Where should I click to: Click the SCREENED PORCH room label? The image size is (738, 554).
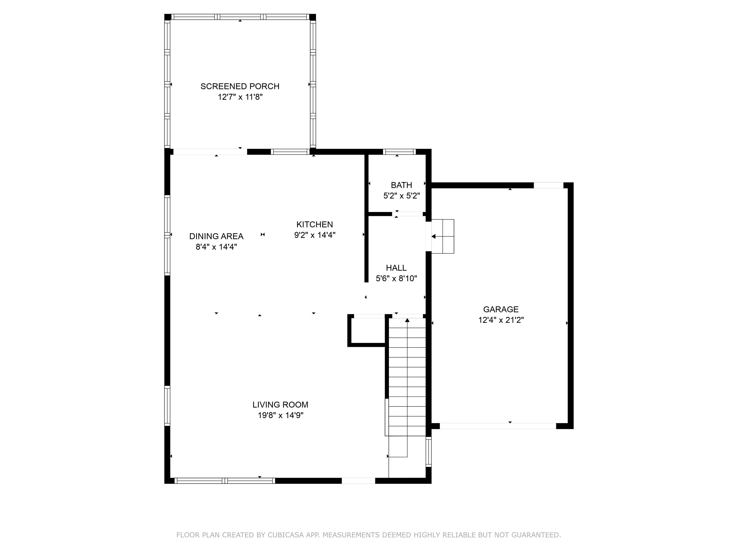[240, 86]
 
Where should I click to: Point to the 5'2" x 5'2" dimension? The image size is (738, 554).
[401, 196]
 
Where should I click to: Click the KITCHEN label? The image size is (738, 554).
[314, 224]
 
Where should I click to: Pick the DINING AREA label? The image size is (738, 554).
[216, 236]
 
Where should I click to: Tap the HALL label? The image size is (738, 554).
[396, 268]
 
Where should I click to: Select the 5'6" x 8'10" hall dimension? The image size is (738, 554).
[396, 278]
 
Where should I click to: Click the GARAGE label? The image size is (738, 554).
[500, 310]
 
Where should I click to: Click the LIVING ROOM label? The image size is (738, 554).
[280, 405]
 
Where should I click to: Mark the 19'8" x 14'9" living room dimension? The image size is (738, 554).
[280, 415]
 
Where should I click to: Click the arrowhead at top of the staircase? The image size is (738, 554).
[407, 320]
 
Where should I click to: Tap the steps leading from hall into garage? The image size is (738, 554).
[443, 236]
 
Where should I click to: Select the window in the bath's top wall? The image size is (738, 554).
[399, 152]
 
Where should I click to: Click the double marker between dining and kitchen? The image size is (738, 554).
[262, 235]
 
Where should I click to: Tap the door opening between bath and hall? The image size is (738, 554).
[407, 214]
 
